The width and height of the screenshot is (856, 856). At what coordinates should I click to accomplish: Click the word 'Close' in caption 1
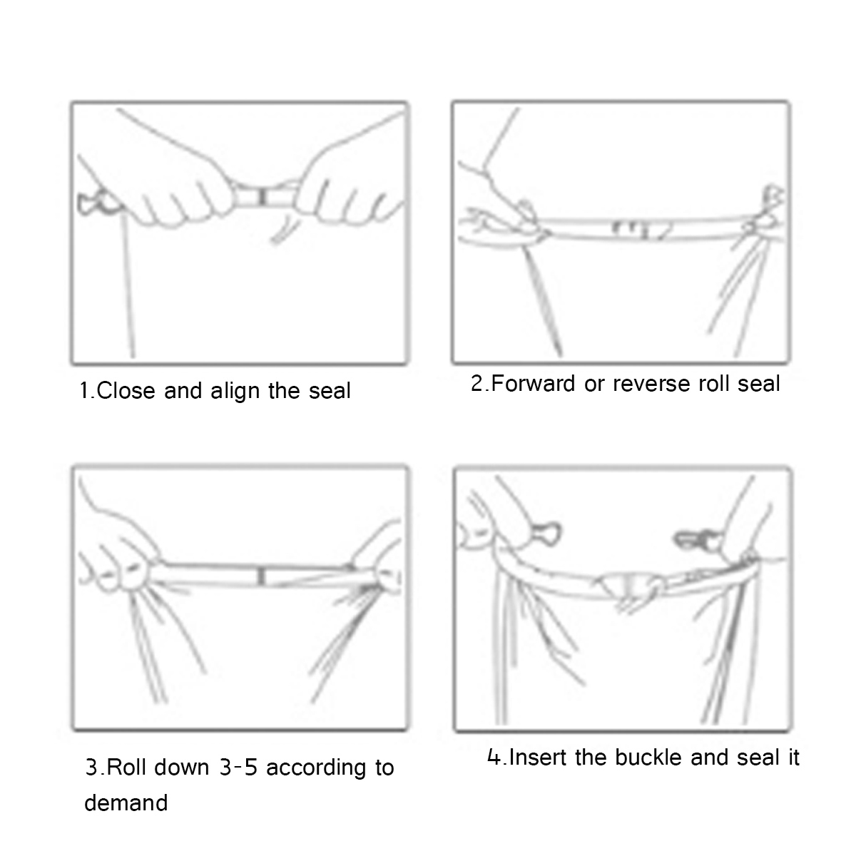(x=126, y=391)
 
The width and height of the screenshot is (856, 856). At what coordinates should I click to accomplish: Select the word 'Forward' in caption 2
(x=533, y=383)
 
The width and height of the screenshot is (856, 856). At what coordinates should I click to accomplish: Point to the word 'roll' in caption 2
(x=713, y=383)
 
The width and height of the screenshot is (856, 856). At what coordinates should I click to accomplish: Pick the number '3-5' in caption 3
(x=239, y=767)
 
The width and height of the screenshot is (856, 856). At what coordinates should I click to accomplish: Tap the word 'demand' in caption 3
(x=126, y=803)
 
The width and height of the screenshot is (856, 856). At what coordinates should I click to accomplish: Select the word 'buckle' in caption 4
(x=648, y=757)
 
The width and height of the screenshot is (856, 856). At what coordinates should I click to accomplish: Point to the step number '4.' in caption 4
(x=496, y=757)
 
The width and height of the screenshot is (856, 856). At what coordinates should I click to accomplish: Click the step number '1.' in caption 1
(x=87, y=391)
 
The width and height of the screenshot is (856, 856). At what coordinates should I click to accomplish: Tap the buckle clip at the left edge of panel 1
(x=97, y=203)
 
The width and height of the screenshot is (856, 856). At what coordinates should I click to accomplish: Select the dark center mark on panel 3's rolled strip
(x=262, y=576)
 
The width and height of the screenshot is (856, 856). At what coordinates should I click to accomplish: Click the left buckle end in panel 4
(x=546, y=534)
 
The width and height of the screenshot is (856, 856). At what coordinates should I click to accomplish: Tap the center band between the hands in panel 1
(x=262, y=198)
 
